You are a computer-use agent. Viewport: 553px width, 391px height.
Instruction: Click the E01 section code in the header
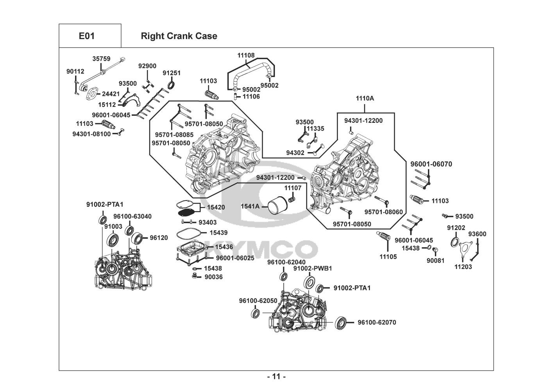coord(86,36)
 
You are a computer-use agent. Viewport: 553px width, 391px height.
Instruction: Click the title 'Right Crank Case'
coord(179,36)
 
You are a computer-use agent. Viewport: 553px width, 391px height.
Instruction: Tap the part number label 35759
coord(101,59)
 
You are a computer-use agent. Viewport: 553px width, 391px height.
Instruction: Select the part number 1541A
coord(250,206)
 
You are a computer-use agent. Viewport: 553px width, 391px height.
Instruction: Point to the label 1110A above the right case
coord(365,99)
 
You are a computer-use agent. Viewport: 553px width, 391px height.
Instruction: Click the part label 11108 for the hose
coord(246,56)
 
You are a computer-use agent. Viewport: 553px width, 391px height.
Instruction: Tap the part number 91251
coord(172,73)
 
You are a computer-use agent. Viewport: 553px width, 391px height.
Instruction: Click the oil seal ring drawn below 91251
coord(172,85)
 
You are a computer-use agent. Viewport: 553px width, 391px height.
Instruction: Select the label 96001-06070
coord(431,164)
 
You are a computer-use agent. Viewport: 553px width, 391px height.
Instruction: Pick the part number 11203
coord(463,267)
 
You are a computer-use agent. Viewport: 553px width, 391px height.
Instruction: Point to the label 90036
coord(213,277)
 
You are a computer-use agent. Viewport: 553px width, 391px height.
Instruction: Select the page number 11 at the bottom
coord(276,377)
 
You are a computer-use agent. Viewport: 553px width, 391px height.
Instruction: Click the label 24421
coord(111,94)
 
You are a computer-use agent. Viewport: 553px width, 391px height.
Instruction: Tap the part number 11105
coord(388,257)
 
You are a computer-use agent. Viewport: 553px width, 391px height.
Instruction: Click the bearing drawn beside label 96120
coord(137,238)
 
